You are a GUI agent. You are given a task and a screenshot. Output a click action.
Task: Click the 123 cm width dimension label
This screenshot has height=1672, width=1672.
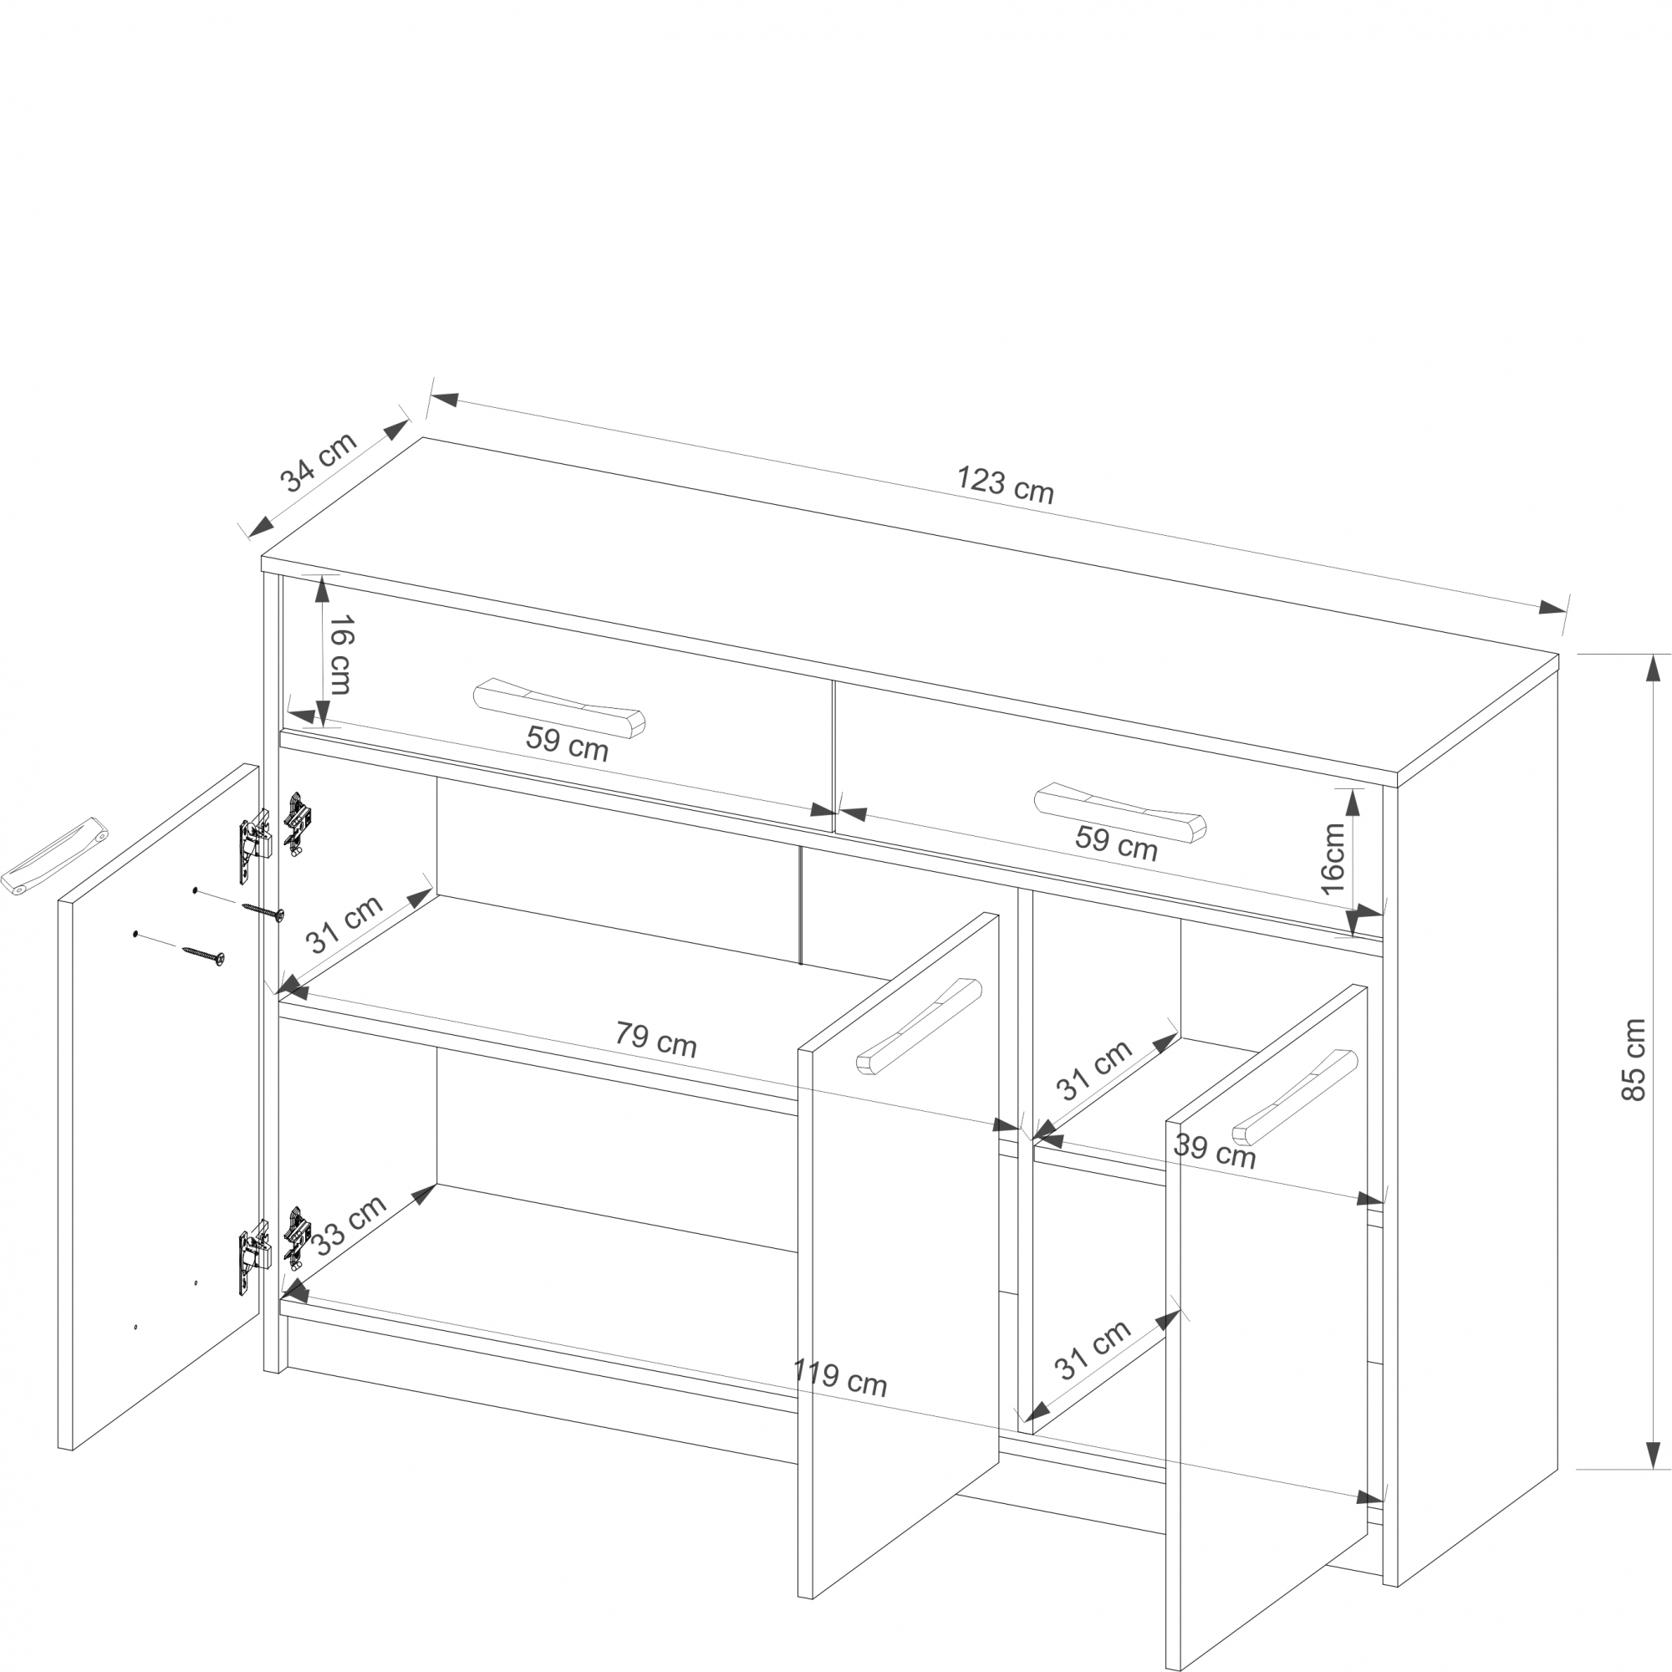pyautogui.click(x=1005, y=485)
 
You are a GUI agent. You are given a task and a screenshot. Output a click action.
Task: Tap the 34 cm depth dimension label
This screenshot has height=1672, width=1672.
pyautogui.click(x=318, y=461)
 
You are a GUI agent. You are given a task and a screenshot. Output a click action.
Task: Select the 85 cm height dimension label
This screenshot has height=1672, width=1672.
pyautogui.click(x=1632, y=1059)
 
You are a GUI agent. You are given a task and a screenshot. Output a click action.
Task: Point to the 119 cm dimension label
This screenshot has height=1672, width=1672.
pyautogui.click(x=839, y=1378)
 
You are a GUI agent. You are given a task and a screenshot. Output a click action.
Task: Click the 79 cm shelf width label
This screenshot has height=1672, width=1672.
pyautogui.click(x=656, y=1039)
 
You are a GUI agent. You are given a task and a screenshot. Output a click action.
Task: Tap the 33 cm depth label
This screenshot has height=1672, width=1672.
pyautogui.click(x=348, y=1225)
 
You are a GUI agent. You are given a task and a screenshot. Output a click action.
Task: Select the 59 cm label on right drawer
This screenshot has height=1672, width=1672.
pyautogui.click(x=1116, y=842)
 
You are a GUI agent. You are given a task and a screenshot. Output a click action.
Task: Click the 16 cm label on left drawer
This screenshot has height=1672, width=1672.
pyautogui.click(x=340, y=655)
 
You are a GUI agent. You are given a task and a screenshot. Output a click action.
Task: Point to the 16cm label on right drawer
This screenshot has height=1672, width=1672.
pyautogui.click(x=1333, y=859)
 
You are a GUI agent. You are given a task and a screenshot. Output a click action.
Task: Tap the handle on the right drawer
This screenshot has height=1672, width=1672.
pyautogui.click(x=1120, y=813)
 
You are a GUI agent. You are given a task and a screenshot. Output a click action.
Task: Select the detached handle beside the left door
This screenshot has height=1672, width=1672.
pyautogui.click(x=54, y=855)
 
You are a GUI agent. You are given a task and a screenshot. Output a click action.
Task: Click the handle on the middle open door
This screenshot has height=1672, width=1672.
pyautogui.click(x=919, y=1027)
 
